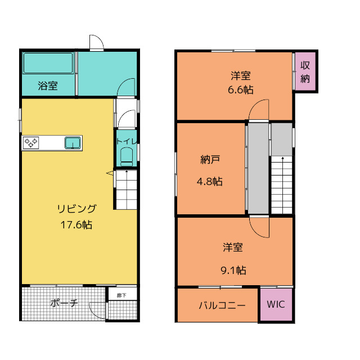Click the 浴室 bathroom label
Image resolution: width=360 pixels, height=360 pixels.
coord(47,86)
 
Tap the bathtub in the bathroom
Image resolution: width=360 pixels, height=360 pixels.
coord(48,64)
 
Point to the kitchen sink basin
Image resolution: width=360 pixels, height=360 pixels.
coord(73,143)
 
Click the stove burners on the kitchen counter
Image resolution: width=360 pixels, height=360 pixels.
coord(30,143)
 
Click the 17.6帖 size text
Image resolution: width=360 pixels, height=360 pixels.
coord(76,224)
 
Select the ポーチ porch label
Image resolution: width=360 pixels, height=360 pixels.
coord(64,303)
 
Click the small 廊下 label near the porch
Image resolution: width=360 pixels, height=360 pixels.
coord(121,295)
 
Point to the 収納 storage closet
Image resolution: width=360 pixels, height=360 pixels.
coord(305,72)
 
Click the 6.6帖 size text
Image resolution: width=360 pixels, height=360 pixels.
coord(241,89)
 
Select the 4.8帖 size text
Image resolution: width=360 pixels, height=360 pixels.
coord(209,181)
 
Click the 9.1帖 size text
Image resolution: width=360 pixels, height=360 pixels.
coord(233,269)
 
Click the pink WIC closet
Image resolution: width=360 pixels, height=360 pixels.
coord(276,305)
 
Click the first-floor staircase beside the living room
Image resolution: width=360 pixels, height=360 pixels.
coord(127,188)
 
